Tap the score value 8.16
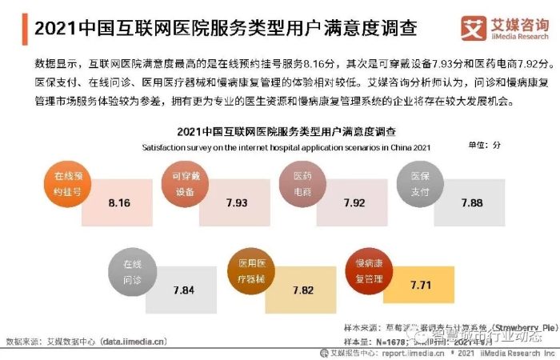pos(118,202)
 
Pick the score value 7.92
pos(354,202)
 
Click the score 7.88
pos(472,202)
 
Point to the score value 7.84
pos(183,290)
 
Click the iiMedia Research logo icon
pos(472,29)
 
